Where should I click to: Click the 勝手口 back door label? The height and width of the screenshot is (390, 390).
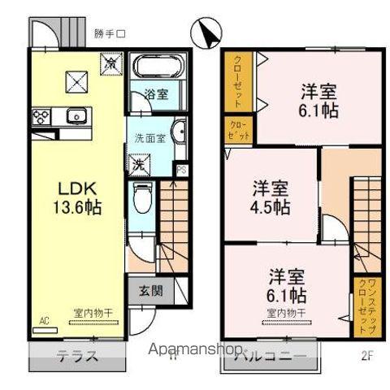(110, 34)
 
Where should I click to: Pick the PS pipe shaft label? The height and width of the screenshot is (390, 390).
(181, 170)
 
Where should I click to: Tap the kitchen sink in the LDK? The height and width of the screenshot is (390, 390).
(76, 115)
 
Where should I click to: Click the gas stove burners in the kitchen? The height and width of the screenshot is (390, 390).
(41, 115)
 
